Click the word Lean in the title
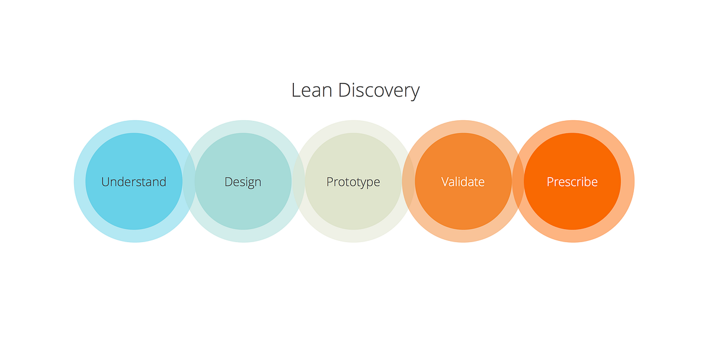[312, 91]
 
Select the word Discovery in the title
[379, 92]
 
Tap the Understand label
[134, 182]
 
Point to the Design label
[243, 182]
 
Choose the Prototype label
[353, 182]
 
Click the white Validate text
[463, 182]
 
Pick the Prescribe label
[572, 182]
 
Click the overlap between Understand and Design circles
[189, 181]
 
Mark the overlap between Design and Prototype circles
[299, 181]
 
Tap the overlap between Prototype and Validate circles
[408, 181]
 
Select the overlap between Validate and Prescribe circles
[518, 181]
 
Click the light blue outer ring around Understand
[135, 127]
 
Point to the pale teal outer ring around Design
[244, 127]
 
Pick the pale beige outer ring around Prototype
[354, 127]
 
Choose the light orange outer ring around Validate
[463, 127]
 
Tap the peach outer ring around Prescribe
[574, 127]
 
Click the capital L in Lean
[296, 91]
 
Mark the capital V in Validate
[446, 182]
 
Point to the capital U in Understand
[105, 182]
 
